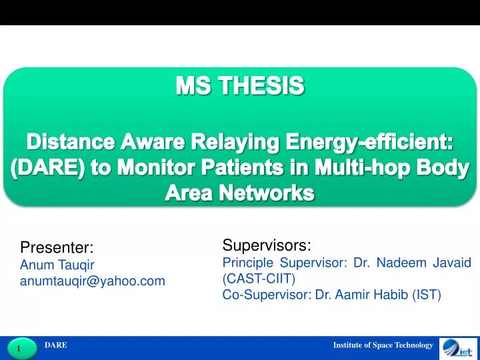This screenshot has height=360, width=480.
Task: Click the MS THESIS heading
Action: pos(240,85)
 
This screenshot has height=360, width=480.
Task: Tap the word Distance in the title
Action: pos(71,142)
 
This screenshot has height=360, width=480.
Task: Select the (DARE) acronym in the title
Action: pos(48,168)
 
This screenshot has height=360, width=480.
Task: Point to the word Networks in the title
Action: pos(267,193)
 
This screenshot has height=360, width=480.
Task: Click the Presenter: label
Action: pos(57,247)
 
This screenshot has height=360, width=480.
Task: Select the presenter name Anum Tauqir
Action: pos(57,265)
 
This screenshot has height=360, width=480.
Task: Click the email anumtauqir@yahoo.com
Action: pos(93,281)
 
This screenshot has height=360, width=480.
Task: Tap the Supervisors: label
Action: pos(267,245)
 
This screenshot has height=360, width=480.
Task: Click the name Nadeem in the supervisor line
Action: pos(401,263)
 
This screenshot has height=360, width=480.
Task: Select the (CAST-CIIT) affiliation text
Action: pos(259,279)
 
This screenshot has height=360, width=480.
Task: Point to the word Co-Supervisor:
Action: pos(267,295)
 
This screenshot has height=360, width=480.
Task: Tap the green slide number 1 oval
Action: pos(22,348)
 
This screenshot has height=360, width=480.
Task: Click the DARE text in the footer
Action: pos(56,345)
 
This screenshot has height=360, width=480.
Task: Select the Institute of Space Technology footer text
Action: pos(383,345)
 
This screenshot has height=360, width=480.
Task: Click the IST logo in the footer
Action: pos(458,349)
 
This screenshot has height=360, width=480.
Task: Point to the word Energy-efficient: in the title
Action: pos(369,143)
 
